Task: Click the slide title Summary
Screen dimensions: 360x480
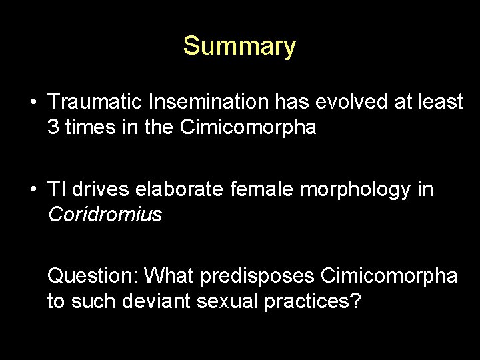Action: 239,46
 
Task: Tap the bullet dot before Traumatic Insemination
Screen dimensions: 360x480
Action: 33,104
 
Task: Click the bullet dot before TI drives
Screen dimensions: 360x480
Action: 33,191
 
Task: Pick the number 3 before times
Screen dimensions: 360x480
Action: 53,127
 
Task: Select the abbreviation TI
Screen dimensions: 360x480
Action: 55,189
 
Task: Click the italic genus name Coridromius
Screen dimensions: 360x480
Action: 104,215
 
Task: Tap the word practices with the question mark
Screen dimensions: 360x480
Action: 313,301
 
